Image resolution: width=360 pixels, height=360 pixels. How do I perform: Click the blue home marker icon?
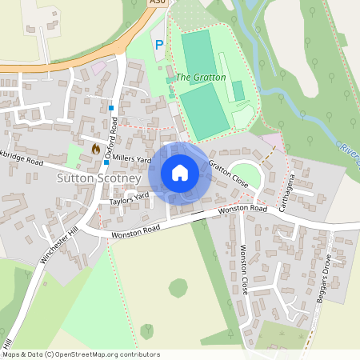click(x=180, y=172)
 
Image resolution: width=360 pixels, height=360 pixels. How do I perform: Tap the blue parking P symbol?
click(x=158, y=46)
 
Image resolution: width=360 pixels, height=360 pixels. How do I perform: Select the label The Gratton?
click(x=201, y=77)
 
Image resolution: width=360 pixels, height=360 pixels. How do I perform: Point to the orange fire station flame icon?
click(x=96, y=149)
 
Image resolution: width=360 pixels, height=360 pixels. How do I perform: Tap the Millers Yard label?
click(x=131, y=159)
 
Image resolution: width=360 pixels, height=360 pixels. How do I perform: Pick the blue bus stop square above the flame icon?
click(x=111, y=107)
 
